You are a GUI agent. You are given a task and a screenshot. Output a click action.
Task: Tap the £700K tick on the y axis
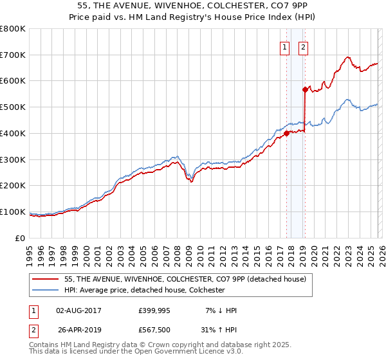(x=13, y=55)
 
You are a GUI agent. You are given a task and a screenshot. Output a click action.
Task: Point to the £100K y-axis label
(x=13, y=212)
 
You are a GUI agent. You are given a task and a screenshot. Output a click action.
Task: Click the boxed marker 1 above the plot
(x=284, y=46)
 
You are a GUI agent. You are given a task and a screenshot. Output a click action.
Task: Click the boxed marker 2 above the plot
(x=303, y=46)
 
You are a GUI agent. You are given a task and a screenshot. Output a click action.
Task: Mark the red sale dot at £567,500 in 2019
(x=305, y=89)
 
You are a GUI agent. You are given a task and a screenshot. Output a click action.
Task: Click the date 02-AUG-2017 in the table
(x=78, y=310)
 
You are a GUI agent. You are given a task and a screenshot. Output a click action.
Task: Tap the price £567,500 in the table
(x=154, y=329)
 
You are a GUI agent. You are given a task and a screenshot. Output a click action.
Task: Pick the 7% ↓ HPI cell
(x=219, y=310)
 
